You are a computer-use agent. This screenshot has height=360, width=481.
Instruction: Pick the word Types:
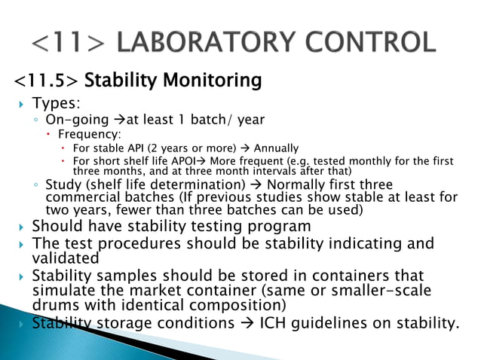56,102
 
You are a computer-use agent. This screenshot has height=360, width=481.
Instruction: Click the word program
275,227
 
